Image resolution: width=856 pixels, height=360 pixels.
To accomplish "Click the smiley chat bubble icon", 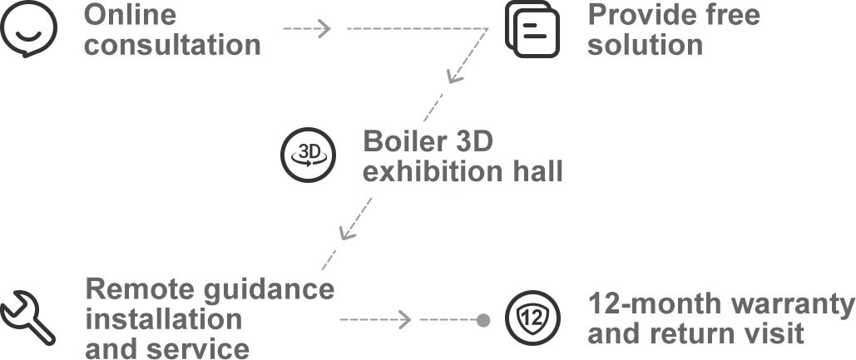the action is pyautogui.click(x=28, y=27).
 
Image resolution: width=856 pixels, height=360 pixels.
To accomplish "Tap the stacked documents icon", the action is pyautogui.click(x=532, y=29).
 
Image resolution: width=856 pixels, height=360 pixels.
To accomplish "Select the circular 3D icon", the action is pyautogui.click(x=308, y=155).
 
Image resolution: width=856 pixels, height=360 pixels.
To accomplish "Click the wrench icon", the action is pyautogui.click(x=27, y=318).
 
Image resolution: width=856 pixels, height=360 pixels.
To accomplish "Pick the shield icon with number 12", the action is pyautogui.click(x=532, y=318).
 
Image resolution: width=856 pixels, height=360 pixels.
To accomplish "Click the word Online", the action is pyautogui.click(x=130, y=15).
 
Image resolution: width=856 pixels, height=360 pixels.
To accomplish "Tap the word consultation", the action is pyautogui.click(x=172, y=45).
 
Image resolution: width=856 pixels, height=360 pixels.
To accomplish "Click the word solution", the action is pyautogui.click(x=645, y=45).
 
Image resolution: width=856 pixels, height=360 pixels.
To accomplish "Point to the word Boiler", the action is pyautogui.click(x=404, y=142).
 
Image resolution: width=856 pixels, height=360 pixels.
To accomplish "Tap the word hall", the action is pyautogui.click(x=537, y=172).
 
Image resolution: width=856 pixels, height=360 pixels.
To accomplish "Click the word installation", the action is pyautogui.click(x=164, y=318).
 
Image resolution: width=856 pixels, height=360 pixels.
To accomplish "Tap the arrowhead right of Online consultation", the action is pyautogui.click(x=324, y=28).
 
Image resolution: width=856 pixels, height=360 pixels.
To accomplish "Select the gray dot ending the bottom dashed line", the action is pyautogui.click(x=482, y=319).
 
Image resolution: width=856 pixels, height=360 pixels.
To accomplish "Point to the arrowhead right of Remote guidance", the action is pyautogui.click(x=404, y=319).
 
